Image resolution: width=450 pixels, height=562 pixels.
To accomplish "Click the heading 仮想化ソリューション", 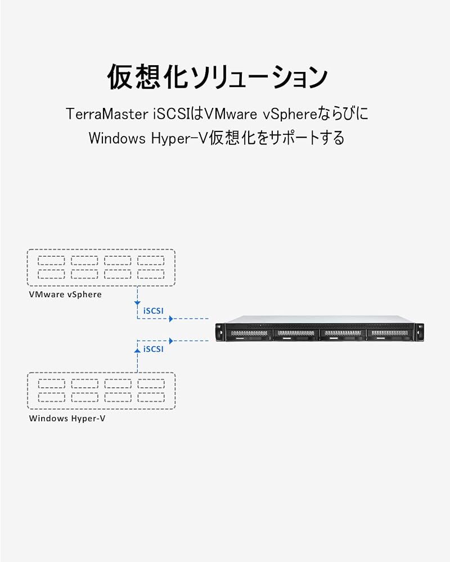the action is tap(217, 76).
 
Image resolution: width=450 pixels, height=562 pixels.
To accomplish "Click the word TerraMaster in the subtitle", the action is tap(107, 114).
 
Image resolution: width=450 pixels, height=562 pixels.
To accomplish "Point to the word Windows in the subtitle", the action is tap(117, 138).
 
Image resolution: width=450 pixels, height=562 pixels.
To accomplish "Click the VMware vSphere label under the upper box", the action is tap(65, 294).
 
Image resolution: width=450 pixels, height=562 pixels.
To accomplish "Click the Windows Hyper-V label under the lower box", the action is tap(67, 418).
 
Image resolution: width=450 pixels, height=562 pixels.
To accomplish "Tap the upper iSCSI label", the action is tap(153, 311).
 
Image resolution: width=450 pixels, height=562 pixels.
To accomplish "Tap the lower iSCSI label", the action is tap(153, 349).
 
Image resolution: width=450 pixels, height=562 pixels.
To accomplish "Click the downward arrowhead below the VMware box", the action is tap(137, 303).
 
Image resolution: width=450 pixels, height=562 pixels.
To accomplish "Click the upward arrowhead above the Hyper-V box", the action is tap(137, 350).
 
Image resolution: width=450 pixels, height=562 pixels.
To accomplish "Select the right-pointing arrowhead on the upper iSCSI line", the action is tap(171, 318).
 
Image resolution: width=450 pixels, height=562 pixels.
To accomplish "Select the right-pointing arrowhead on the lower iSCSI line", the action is tap(171, 341).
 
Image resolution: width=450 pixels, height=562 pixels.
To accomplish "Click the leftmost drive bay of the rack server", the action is tap(249, 334).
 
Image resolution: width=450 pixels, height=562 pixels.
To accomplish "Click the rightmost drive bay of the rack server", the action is tap(389, 334).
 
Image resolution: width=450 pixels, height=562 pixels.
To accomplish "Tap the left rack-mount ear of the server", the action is tap(220, 332).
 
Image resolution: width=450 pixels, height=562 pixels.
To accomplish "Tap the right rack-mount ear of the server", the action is tap(418, 332).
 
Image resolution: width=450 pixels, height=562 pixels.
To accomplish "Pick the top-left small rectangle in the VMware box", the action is tap(51, 261).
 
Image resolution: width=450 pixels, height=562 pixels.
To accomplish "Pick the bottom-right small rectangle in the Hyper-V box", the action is tap(151, 397).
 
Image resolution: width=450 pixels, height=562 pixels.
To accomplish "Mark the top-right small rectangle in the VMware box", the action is tap(151, 261).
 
